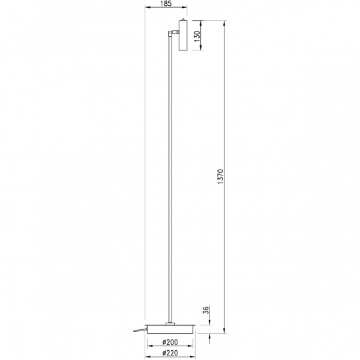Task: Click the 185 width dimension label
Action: click(x=164, y=4)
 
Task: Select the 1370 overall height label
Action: click(x=221, y=176)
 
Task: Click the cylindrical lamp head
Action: click(x=182, y=35)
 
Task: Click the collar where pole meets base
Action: click(x=170, y=323)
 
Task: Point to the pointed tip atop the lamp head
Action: click(x=182, y=20)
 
